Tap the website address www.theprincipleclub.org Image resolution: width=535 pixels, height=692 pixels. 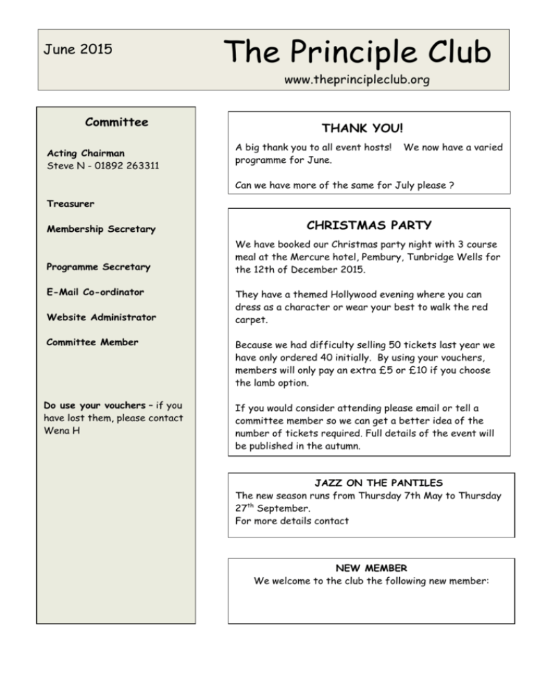click(x=357, y=80)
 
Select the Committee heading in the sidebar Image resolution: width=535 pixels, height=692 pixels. click(x=116, y=123)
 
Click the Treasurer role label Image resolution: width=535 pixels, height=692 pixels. click(x=70, y=204)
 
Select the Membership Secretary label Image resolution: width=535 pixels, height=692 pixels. click(x=101, y=229)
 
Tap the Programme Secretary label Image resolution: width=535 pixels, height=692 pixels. click(x=98, y=267)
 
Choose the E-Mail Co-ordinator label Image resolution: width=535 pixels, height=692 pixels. click(x=95, y=292)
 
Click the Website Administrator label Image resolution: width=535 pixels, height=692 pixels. click(x=101, y=317)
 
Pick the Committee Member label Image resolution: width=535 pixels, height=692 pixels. click(x=92, y=342)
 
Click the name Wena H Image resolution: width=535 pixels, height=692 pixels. click(x=60, y=430)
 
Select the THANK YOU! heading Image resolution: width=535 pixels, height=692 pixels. click(x=362, y=129)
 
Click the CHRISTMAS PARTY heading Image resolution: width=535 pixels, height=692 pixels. click(x=369, y=226)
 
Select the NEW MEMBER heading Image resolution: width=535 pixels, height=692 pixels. click(x=371, y=568)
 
